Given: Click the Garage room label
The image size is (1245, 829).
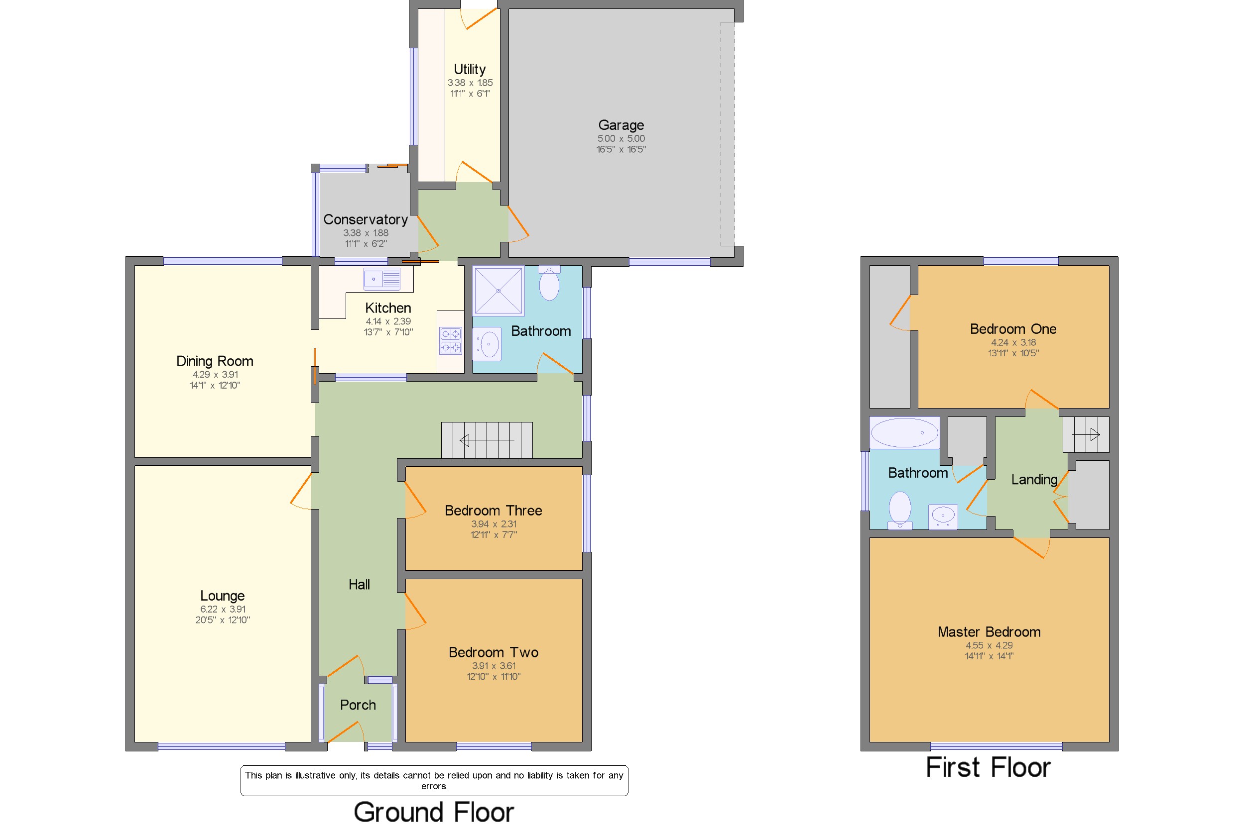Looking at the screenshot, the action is coord(621,125).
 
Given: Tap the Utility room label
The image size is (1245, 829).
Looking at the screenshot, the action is coord(469,69).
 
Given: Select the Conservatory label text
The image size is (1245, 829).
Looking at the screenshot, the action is coord(365,219).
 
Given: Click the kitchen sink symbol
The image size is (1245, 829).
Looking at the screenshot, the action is coord(381,279).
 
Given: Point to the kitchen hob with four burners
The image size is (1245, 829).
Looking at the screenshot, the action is coord(450,340).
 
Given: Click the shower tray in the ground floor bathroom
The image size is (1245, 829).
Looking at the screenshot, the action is coord(498,290).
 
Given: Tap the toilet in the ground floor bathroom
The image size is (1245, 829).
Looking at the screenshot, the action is coord(549,283).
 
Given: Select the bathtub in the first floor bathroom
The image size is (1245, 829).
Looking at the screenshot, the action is coord(904,432).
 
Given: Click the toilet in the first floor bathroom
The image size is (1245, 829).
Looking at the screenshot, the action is coord(899,510).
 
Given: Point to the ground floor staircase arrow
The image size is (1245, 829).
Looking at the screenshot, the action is coord(487,440).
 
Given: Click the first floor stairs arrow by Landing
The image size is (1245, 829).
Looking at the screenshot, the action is coord(1086,434).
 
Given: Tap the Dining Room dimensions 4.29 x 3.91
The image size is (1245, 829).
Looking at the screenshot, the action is coord(215,374).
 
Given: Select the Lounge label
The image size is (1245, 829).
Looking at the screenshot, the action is coord(222,596).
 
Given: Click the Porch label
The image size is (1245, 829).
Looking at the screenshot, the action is coord(358,705).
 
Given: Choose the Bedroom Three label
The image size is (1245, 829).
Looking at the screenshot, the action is coord(493,510).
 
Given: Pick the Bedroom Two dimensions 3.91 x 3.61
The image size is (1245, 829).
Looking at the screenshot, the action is coord(494,666).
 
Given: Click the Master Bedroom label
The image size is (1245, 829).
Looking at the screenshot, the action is coord(989,632).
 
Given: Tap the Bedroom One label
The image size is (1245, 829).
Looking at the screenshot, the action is coord(1013,329).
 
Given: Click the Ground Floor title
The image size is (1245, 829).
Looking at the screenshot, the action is coord(434,812).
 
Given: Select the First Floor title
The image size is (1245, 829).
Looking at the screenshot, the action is coord(988,767).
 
